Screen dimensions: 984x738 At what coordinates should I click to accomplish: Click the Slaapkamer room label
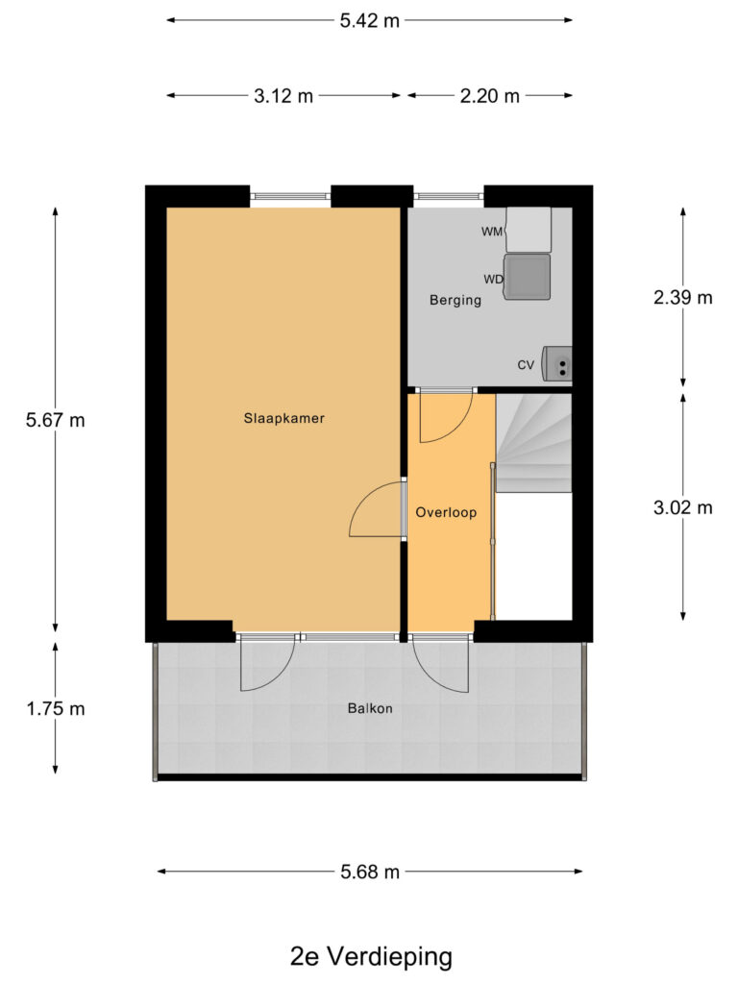283,419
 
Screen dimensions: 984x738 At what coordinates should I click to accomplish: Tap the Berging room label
455,300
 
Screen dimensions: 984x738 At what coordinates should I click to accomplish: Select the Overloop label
446,512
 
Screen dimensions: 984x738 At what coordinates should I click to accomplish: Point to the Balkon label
370,709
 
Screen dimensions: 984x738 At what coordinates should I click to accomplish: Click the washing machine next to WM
529,229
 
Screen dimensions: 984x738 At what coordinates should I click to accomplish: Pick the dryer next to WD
528,277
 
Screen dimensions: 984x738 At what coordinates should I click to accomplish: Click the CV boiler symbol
557,363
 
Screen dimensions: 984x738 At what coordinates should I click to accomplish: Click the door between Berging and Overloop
445,415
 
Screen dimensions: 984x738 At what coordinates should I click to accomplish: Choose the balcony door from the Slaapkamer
266,663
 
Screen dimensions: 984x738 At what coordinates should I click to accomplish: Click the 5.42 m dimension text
370,20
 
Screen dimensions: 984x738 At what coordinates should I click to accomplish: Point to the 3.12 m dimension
284,95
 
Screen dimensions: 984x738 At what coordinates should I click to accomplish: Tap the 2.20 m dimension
490,95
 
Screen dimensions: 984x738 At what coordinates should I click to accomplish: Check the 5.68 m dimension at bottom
370,872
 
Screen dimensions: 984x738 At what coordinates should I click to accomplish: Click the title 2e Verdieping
370,957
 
